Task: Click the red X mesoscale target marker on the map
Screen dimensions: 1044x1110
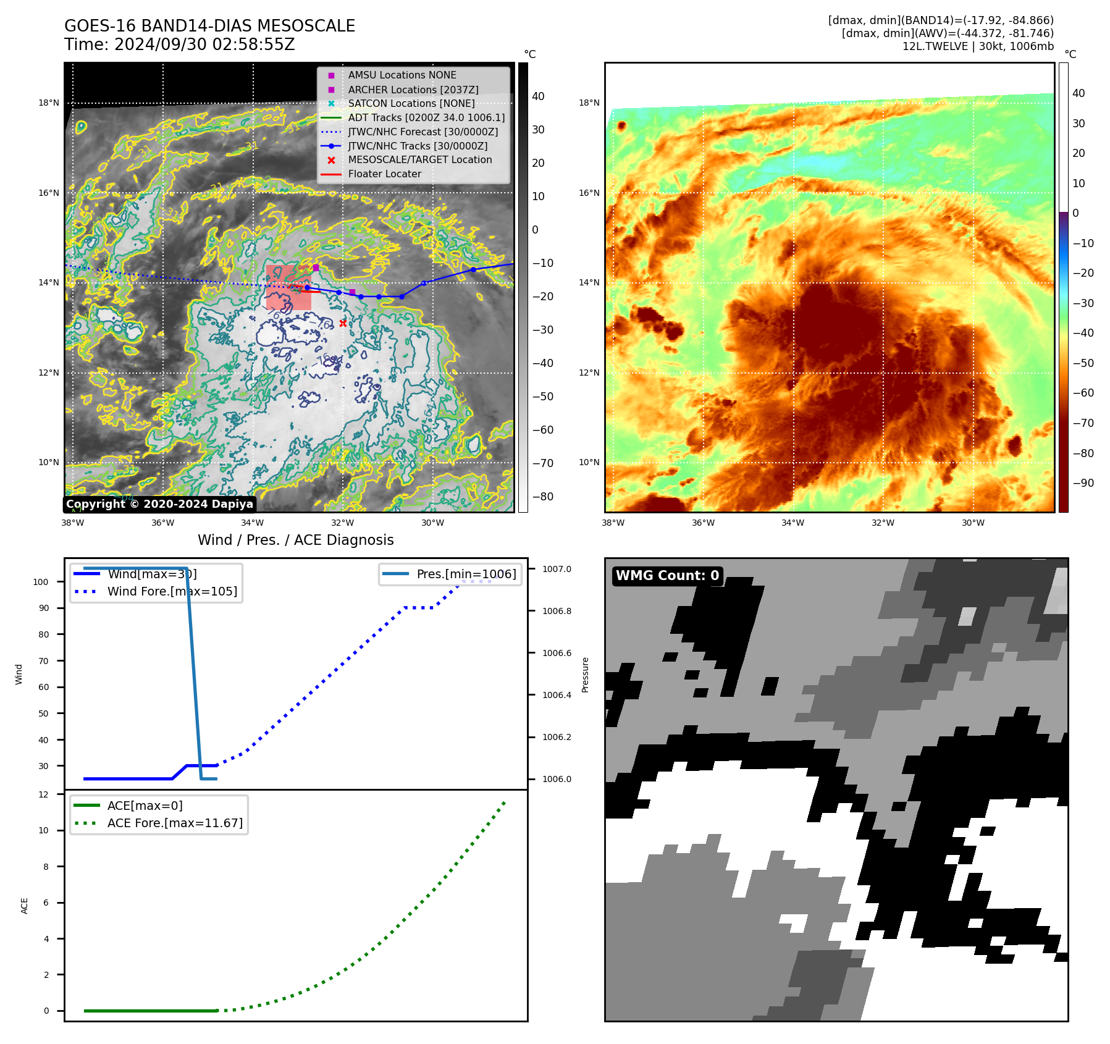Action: click(343, 323)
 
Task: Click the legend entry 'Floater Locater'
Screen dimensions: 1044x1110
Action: click(384, 174)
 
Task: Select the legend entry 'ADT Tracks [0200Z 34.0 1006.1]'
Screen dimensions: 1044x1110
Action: click(426, 117)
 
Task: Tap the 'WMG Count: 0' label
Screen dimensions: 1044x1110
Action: click(667, 576)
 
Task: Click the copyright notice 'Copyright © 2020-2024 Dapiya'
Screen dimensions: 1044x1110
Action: click(159, 504)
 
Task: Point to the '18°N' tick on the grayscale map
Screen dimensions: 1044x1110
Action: click(49, 103)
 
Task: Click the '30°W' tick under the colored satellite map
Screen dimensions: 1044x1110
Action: click(973, 523)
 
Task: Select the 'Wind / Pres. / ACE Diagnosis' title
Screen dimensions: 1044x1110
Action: click(295, 540)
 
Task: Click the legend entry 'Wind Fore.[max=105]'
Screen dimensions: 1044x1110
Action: click(172, 591)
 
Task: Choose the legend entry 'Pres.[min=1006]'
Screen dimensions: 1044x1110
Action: click(466, 574)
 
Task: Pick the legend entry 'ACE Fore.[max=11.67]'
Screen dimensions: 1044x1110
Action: click(175, 823)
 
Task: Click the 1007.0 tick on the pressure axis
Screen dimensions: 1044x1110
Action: click(557, 569)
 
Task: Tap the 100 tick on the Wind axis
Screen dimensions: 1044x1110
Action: click(41, 582)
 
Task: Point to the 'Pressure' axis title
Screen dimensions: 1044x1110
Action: click(585, 674)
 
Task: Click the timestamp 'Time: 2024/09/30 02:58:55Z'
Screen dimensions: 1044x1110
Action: click(179, 44)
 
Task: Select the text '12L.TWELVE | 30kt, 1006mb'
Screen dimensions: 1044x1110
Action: click(978, 46)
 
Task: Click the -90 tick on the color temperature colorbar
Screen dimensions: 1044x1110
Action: click(1083, 483)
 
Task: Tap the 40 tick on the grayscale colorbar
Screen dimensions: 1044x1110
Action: click(538, 96)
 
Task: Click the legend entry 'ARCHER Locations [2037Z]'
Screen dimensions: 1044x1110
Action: click(413, 90)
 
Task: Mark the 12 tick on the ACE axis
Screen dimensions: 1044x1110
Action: click(43, 794)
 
